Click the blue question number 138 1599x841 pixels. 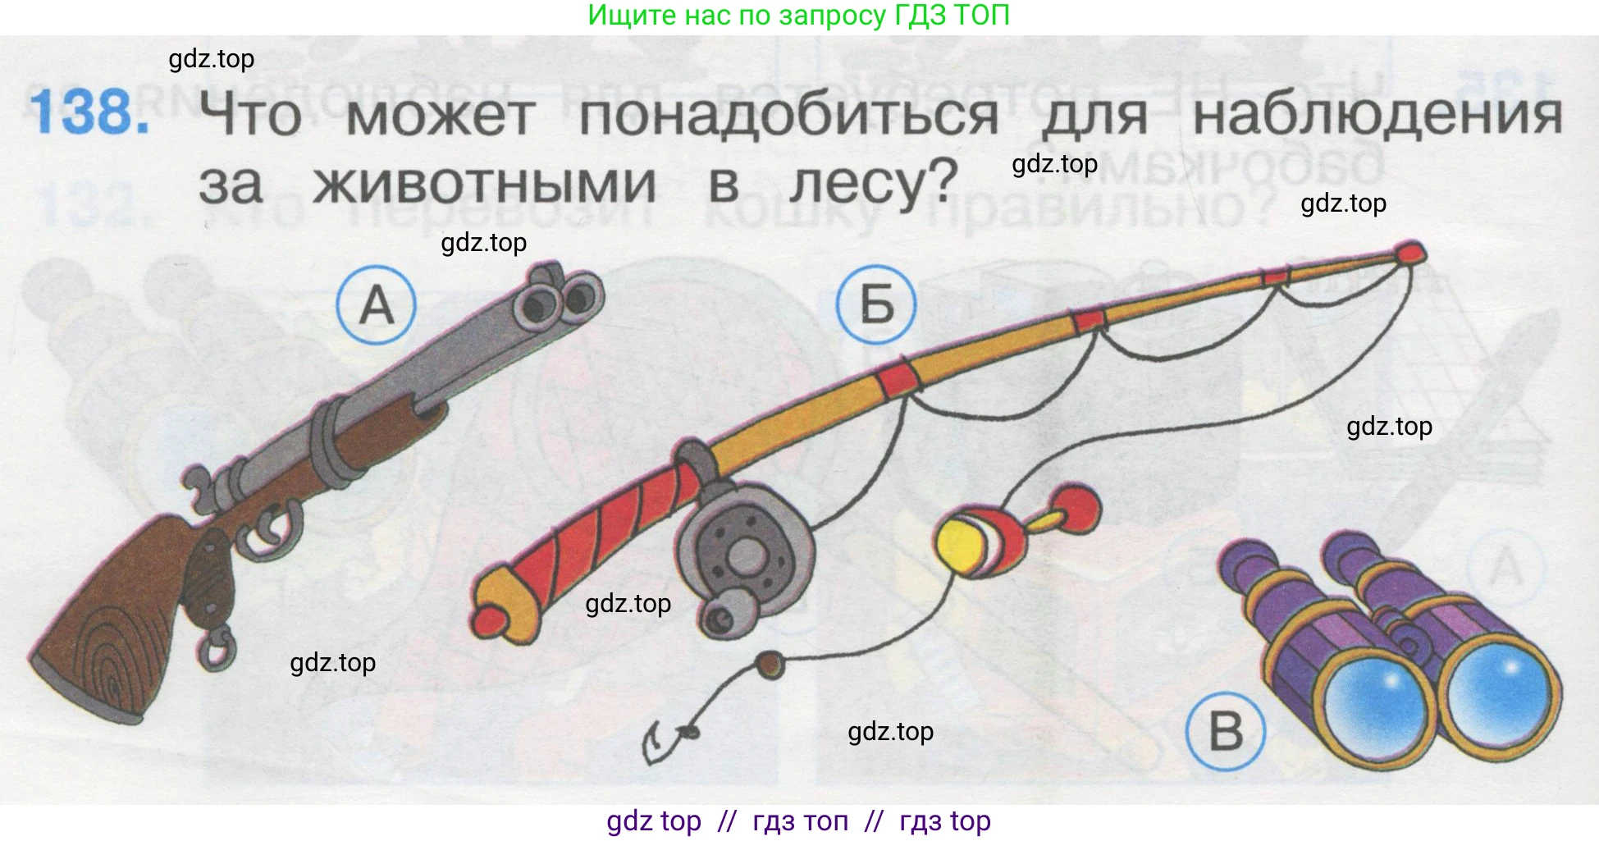tap(90, 112)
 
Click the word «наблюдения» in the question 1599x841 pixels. tap(1377, 115)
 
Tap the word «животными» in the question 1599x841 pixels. tap(485, 182)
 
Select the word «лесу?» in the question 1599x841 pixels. tap(874, 182)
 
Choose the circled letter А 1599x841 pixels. tap(377, 304)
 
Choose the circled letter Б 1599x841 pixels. tap(876, 304)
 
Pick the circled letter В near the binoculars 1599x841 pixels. tap(1226, 731)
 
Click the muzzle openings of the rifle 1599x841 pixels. tap(558, 302)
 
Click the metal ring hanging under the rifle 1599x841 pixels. tap(216, 650)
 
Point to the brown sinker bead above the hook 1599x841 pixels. tap(770, 665)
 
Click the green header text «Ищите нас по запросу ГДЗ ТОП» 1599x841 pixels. tap(799, 16)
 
